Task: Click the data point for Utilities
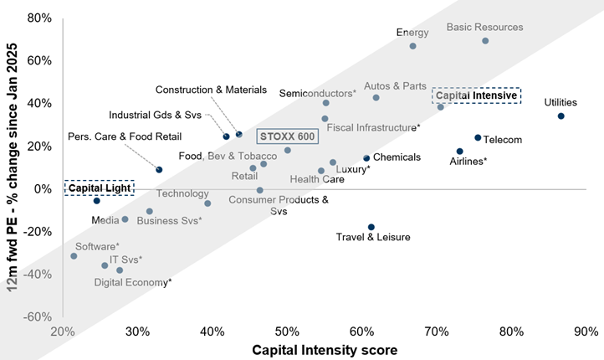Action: tap(560, 116)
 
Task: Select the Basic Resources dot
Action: tap(485, 41)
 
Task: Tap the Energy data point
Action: tap(412, 46)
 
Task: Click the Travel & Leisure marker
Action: tap(371, 227)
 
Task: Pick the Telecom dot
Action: tap(478, 138)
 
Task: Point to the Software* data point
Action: tap(74, 256)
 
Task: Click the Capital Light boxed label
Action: tap(98, 188)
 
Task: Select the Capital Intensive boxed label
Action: tap(477, 95)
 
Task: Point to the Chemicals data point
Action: tap(366, 158)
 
